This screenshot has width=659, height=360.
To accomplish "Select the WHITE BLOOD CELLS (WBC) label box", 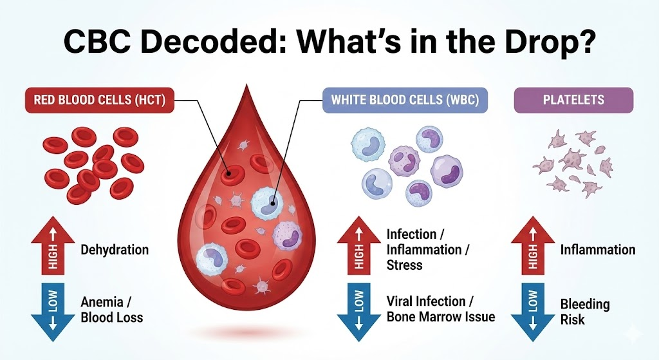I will pyautogui.click(x=405, y=100).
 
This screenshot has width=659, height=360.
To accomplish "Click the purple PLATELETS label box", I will pyautogui.click(x=574, y=100).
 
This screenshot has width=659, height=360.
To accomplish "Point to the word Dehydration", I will pyautogui.click(x=115, y=250).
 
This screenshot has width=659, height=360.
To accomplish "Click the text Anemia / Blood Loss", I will pyautogui.click(x=112, y=309).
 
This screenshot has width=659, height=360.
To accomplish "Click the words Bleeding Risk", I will pyautogui.click(x=585, y=311).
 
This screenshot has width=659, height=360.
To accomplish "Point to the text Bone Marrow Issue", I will pyautogui.click(x=441, y=317).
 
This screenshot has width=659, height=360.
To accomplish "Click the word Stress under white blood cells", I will pyautogui.click(x=404, y=264).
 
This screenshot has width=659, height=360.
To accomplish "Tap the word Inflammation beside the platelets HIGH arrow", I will pyautogui.click(x=598, y=250).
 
